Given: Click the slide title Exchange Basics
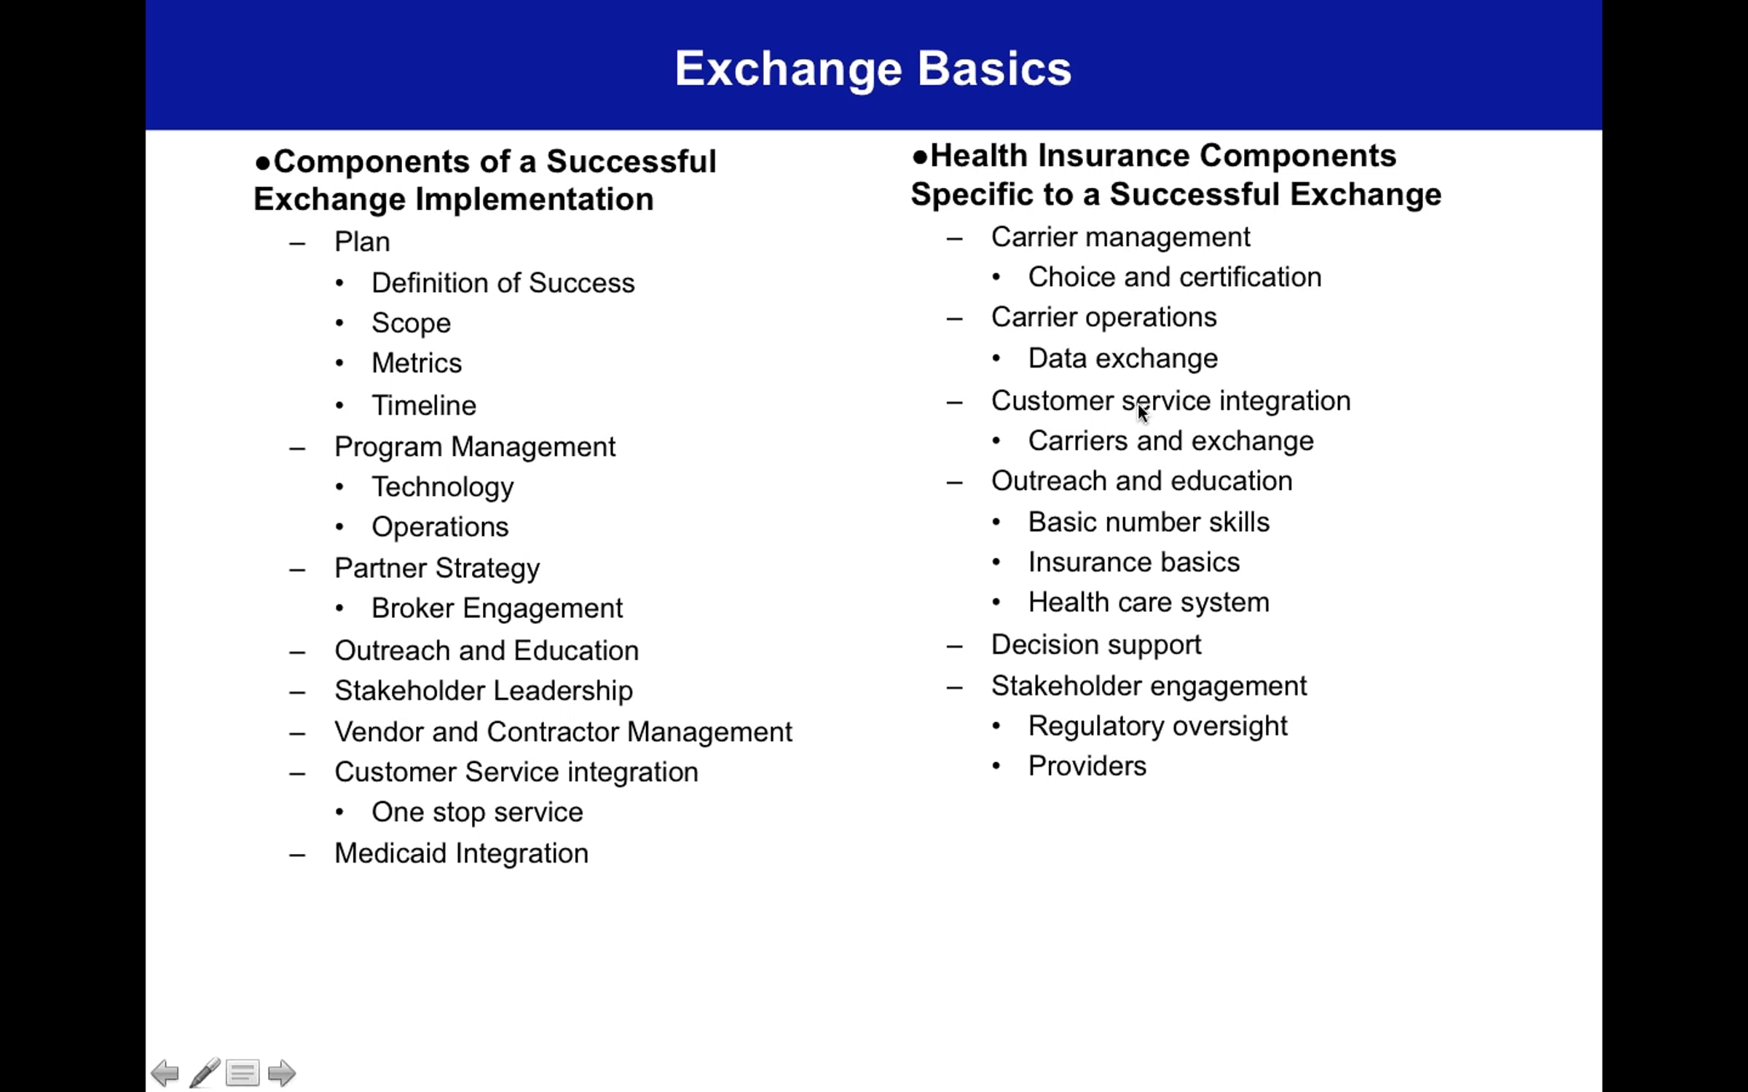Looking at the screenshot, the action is pyautogui.click(x=873, y=68).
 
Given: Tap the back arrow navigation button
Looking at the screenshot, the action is pyautogui.click(x=165, y=1073).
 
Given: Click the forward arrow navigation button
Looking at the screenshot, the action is pyautogui.click(x=282, y=1073).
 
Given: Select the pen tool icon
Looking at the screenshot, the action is pyautogui.click(x=205, y=1073).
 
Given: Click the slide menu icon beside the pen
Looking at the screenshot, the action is pyautogui.click(x=243, y=1073).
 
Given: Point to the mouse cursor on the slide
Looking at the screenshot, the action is pyautogui.click(x=1143, y=413).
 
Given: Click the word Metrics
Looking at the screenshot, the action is pyautogui.click(x=417, y=363).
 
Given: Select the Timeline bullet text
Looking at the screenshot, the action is pyautogui.click(x=424, y=405).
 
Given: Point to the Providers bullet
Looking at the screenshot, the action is pyautogui.click(x=1087, y=766).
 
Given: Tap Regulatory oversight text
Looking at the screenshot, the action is pyautogui.click(x=1157, y=727).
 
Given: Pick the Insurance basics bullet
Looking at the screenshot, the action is pyautogui.click(x=1133, y=563).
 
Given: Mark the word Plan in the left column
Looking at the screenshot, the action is pyautogui.click(x=362, y=242).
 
